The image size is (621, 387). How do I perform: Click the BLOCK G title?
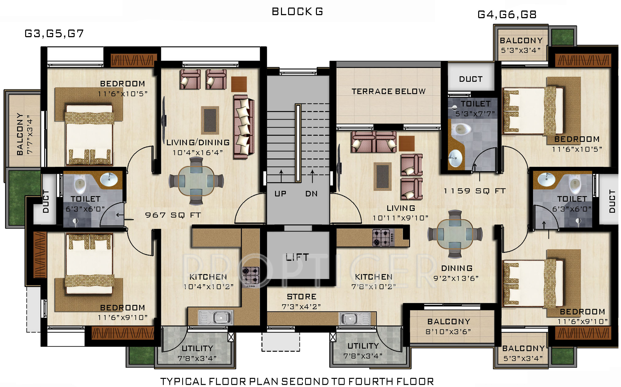coord(297,11)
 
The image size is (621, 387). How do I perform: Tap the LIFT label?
coord(297,257)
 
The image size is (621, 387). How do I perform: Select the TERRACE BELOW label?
coord(388,91)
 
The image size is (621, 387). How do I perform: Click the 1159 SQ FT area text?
coord(475,191)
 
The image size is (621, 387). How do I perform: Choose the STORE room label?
coord(302,297)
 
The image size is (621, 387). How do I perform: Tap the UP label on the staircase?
coord(280,194)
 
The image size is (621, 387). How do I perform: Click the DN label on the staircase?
coord(311,194)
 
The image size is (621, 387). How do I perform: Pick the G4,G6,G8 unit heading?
coord(507,15)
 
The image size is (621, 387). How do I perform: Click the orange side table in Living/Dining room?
coord(239,84)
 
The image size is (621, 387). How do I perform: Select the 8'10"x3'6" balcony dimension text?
coord(448,332)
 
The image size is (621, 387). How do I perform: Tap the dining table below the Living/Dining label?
coord(196,181)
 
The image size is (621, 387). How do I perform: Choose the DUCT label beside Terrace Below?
coord(471,79)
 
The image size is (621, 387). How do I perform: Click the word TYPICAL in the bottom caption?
coord(183,381)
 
